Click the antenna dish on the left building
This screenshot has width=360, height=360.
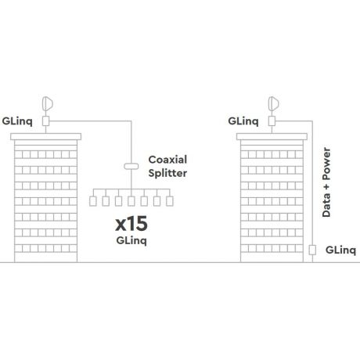48,103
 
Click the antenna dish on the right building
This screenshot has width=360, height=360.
273,103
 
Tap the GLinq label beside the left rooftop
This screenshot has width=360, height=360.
17,121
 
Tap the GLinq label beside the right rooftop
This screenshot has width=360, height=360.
243,121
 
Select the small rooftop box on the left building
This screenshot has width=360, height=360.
46,121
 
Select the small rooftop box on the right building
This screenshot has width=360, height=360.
272,121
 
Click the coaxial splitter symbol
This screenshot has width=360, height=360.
131,166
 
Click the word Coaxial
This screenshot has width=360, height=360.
167,160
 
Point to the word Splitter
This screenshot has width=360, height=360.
167,173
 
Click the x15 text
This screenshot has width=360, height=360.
131,224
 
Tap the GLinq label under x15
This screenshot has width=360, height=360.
131,240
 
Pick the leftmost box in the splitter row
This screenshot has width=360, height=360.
93,201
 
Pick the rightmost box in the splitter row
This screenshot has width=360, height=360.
170,201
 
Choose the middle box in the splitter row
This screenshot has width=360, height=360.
131,201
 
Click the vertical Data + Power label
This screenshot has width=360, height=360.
326,182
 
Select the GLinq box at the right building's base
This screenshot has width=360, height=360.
312,250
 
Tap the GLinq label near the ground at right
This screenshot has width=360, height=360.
340,250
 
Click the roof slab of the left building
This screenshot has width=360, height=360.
46,136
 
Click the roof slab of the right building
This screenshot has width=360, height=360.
272,136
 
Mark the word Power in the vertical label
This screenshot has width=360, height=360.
326,164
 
